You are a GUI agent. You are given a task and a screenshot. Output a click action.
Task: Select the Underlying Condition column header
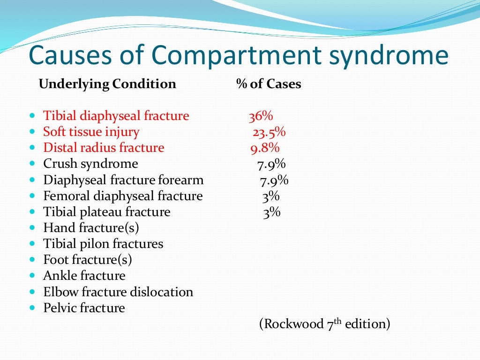107,84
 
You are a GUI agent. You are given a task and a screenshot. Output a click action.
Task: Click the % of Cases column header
269,84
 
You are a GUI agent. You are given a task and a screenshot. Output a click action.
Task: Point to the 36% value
261,116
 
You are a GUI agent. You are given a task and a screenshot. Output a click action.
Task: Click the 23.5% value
269,132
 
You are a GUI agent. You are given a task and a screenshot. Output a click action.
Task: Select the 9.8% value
265,148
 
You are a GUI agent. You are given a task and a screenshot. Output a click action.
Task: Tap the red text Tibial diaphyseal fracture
116,116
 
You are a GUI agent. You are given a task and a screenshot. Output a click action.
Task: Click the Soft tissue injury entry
91,132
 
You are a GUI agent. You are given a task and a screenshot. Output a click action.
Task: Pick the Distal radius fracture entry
104,148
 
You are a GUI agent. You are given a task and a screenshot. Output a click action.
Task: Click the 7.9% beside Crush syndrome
271,164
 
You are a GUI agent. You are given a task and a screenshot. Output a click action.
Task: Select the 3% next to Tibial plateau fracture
271,212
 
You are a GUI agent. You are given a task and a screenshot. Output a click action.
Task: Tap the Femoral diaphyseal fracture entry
123,196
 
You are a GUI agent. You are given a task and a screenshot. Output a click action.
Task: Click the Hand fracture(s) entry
91,228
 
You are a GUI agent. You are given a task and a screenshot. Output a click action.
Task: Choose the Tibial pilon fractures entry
103,244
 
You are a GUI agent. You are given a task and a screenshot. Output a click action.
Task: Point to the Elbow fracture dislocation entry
118,292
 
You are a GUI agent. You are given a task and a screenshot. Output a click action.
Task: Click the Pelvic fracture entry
84,308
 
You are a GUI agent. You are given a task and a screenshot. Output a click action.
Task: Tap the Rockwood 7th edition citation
324,324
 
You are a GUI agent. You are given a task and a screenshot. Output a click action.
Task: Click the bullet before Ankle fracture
32,276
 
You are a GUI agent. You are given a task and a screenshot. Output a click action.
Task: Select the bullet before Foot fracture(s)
32,260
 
